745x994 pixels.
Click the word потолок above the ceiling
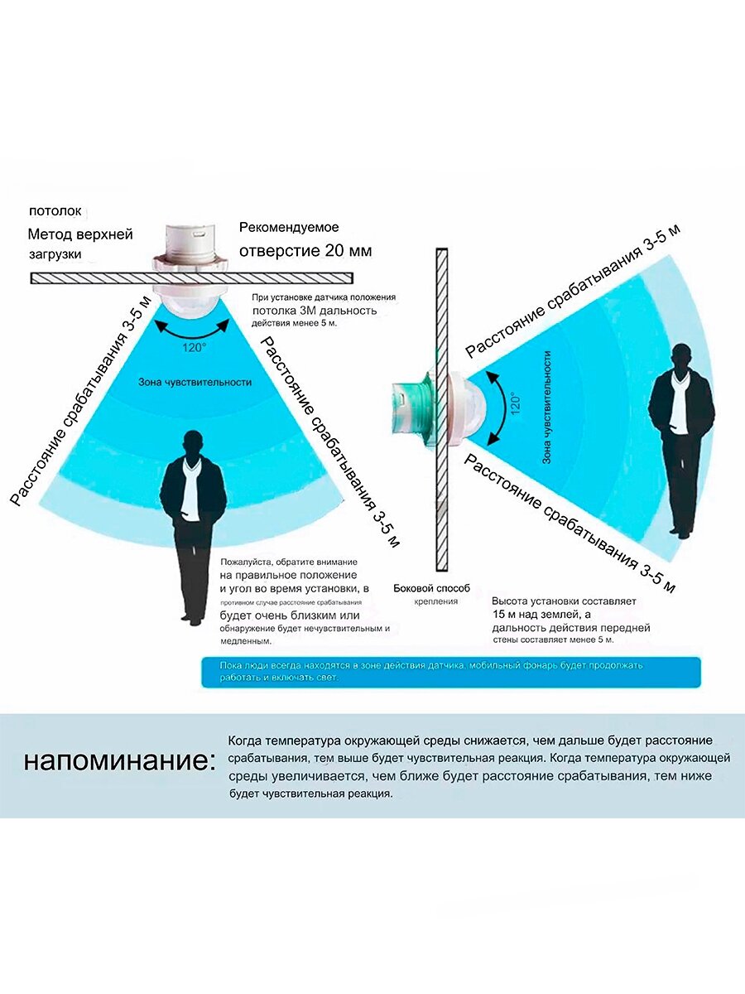56,211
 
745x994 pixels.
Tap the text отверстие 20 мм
305,250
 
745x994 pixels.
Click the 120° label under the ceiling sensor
194,348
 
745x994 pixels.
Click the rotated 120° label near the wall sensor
515,403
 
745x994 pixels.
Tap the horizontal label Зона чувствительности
195,383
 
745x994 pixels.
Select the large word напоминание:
118,760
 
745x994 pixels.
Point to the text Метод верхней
80,234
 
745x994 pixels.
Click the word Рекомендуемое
289,227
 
